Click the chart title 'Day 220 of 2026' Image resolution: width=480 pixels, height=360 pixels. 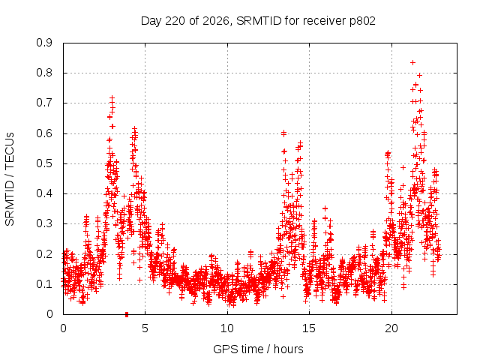point(185,21)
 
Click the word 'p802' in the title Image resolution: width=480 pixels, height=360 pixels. point(362,21)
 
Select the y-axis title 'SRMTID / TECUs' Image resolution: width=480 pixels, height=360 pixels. point(10,179)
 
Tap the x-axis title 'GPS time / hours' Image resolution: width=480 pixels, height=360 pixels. point(258,349)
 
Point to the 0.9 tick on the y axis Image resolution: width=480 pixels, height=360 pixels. point(44,43)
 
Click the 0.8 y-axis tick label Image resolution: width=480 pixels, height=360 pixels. point(44,73)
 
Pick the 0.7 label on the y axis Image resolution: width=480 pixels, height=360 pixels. point(44,103)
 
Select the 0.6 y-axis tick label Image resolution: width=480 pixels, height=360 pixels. point(44,133)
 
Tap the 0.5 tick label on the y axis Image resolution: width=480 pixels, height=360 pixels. point(44,163)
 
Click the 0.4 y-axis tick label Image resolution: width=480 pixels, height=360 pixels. point(44,193)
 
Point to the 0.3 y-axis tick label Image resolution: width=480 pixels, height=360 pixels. point(44,223)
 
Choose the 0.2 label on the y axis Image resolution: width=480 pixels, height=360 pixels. point(44,254)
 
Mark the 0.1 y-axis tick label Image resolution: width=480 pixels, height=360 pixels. point(44,284)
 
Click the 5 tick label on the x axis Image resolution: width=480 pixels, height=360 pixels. point(145,328)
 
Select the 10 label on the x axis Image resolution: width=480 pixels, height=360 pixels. point(227,328)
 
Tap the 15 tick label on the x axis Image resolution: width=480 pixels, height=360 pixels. point(309,328)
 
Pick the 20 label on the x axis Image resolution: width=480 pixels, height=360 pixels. point(391,328)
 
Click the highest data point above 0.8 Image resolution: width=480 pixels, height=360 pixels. point(412,63)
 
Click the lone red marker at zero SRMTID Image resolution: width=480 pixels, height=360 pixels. point(127,314)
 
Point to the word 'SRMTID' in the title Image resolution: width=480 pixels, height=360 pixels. point(259,21)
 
